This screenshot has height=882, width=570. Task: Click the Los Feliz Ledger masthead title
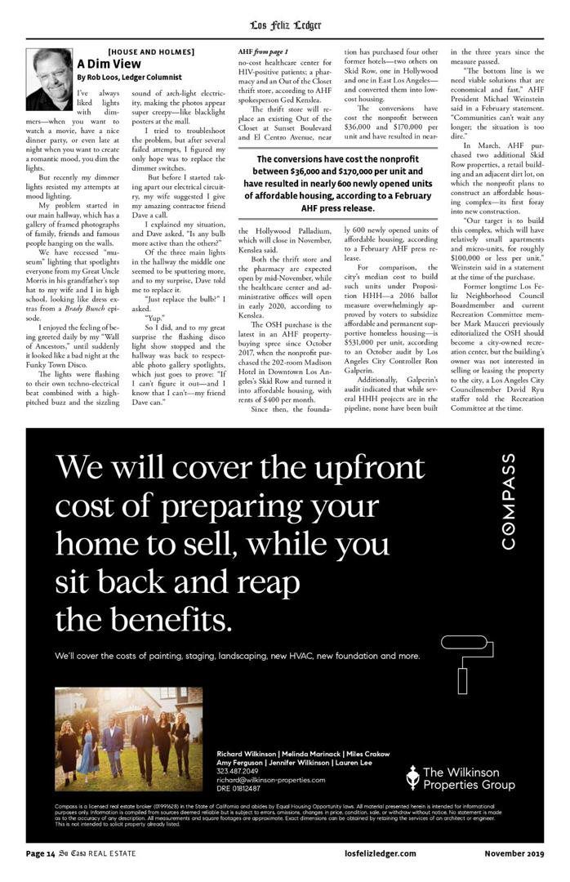coord(285,24)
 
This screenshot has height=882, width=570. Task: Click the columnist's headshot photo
coord(49,78)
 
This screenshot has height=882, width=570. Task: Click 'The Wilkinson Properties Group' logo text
coord(468,778)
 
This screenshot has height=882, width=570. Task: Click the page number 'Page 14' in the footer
coord(41,853)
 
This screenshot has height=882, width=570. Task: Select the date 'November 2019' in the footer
coord(514,853)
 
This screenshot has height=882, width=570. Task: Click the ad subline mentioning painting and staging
coord(237,656)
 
